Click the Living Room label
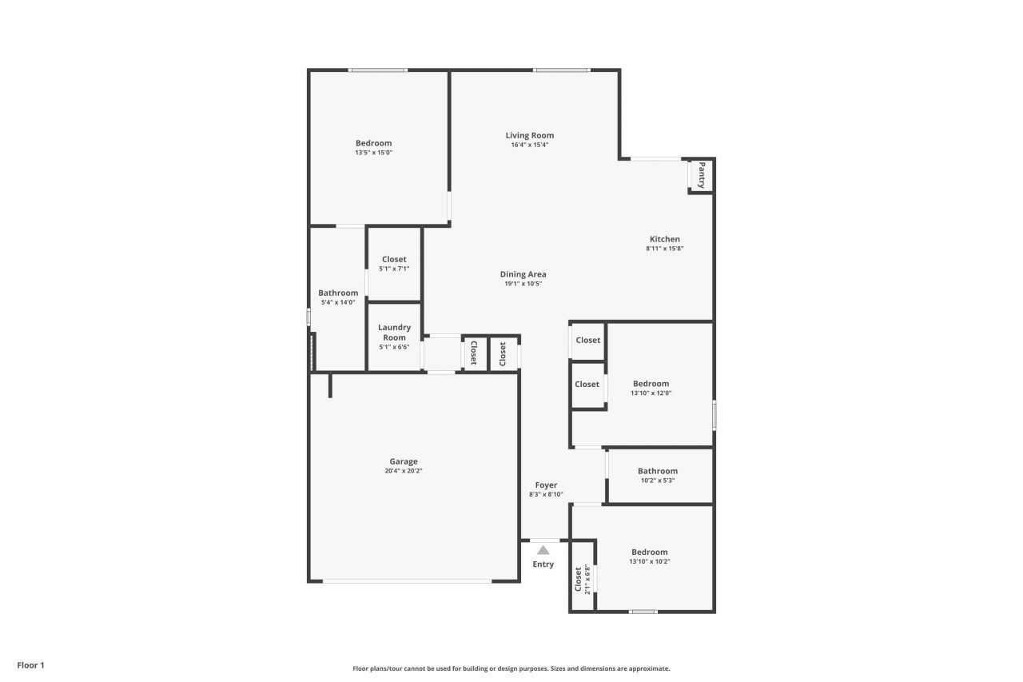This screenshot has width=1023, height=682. [x=529, y=135]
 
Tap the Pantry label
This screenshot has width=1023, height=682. [x=701, y=174]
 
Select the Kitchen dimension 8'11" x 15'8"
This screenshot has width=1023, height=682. [x=664, y=249]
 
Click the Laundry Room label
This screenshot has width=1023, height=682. [x=394, y=332]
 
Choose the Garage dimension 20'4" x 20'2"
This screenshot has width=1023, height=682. [x=403, y=471]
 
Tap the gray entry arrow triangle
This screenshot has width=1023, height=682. [x=543, y=550]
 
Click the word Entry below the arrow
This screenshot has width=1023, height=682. [x=543, y=564]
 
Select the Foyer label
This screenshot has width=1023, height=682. [x=546, y=485]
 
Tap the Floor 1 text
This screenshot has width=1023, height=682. [x=31, y=664]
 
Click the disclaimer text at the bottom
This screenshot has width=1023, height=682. [x=511, y=668]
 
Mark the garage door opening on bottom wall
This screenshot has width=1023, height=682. [x=408, y=581]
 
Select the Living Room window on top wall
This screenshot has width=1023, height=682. [x=562, y=70]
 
